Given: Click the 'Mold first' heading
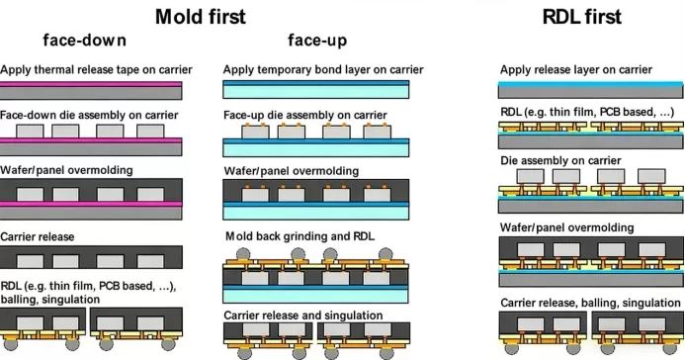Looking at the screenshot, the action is [x=201, y=17].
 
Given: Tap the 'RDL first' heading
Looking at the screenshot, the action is [x=581, y=17].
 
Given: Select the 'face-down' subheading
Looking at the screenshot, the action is [x=85, y=41].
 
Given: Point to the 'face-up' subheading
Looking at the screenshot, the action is [x=317, y=41].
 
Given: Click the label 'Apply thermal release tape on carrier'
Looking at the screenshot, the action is [x=96, y=70].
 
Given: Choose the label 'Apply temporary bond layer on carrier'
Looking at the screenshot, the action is [x=323, y=70].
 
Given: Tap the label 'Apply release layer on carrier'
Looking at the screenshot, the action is [x=576, y=70].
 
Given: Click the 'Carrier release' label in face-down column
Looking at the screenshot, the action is [x=38, y=236].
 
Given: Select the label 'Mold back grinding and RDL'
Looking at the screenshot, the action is [x=300, y=236].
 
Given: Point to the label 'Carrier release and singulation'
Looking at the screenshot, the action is [x=303, y=315].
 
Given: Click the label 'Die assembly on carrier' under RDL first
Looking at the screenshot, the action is [x=560, y=161].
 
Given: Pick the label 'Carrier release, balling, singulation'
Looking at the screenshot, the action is [x=590, y=303].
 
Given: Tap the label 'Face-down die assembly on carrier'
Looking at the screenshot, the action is [x=89, y=116].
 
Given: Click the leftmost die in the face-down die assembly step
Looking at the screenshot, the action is [x=30, y=132].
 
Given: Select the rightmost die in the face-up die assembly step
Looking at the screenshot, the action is [x=378, y=132].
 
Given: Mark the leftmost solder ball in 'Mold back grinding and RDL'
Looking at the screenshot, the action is [x=243, y=254].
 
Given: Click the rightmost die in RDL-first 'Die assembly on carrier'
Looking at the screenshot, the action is [x=651, y=176].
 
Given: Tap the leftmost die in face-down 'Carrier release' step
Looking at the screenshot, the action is [x=30, y=261].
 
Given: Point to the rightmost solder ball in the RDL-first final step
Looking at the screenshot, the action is [x=670, y=348].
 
